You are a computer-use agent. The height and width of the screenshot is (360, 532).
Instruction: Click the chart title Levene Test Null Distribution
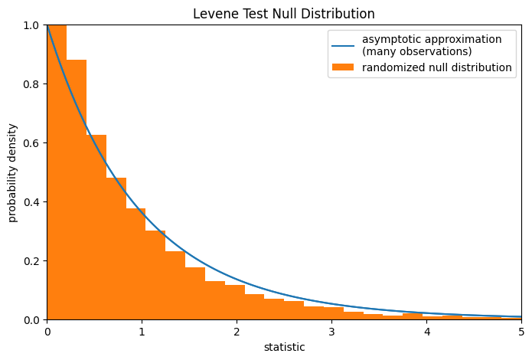[284, 14]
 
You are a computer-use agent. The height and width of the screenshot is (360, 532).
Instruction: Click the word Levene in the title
[211, 14]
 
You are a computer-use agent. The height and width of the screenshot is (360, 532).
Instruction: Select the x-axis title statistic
[284, 347]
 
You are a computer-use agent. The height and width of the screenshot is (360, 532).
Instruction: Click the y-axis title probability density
[13, 172]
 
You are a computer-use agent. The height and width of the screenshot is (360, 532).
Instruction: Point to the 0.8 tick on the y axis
[33, 84]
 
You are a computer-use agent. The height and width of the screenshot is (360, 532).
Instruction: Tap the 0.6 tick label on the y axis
[33, 143]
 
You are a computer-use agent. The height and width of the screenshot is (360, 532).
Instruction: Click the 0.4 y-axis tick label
[33, 202]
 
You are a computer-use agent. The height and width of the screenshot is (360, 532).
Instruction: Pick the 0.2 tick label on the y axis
[33, 261]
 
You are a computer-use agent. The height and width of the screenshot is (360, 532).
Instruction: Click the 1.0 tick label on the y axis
[33, 25]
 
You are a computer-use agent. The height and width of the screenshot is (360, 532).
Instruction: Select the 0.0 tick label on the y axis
[33, 320]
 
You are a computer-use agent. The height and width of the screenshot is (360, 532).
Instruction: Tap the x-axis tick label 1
[142, 332]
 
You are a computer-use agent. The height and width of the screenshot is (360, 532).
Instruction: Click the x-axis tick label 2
[237, 332]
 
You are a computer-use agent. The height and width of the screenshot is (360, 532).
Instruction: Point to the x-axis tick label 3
[331, 332]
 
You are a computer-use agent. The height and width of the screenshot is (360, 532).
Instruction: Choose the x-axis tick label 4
[426, 332]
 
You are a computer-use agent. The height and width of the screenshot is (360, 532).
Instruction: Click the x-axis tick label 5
[521, 332]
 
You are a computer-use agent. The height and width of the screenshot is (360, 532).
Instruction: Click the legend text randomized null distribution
[436, 67]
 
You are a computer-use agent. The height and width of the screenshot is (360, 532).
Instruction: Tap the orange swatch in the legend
[342, 67]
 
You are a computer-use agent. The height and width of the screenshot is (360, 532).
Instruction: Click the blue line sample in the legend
[342, 45]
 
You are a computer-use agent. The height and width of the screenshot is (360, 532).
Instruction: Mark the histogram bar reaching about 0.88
[77, 191]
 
